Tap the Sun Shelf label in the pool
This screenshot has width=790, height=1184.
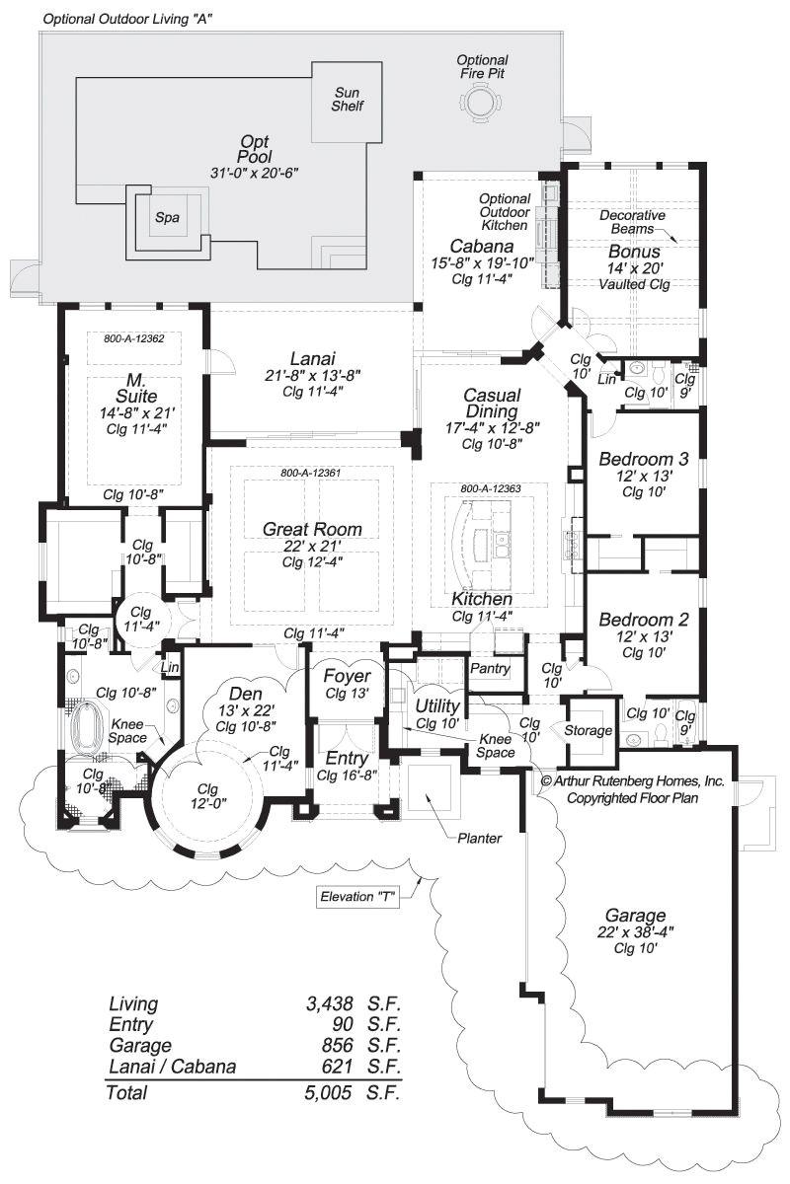click(347, 99)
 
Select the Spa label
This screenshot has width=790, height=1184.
click(167, 218)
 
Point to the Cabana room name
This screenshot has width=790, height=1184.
click(481, 247)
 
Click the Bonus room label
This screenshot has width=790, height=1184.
click(634, 252)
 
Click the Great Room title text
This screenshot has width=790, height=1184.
click(312, 529)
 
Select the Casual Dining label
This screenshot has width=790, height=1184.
click(492, 403)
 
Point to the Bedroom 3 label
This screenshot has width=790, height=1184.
click(643, 459)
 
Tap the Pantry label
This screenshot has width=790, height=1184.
click(490, 669)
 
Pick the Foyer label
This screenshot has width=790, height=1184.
click(346, 677)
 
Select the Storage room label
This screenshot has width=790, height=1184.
click(588, 730)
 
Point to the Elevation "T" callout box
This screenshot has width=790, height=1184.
click(356, 898)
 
